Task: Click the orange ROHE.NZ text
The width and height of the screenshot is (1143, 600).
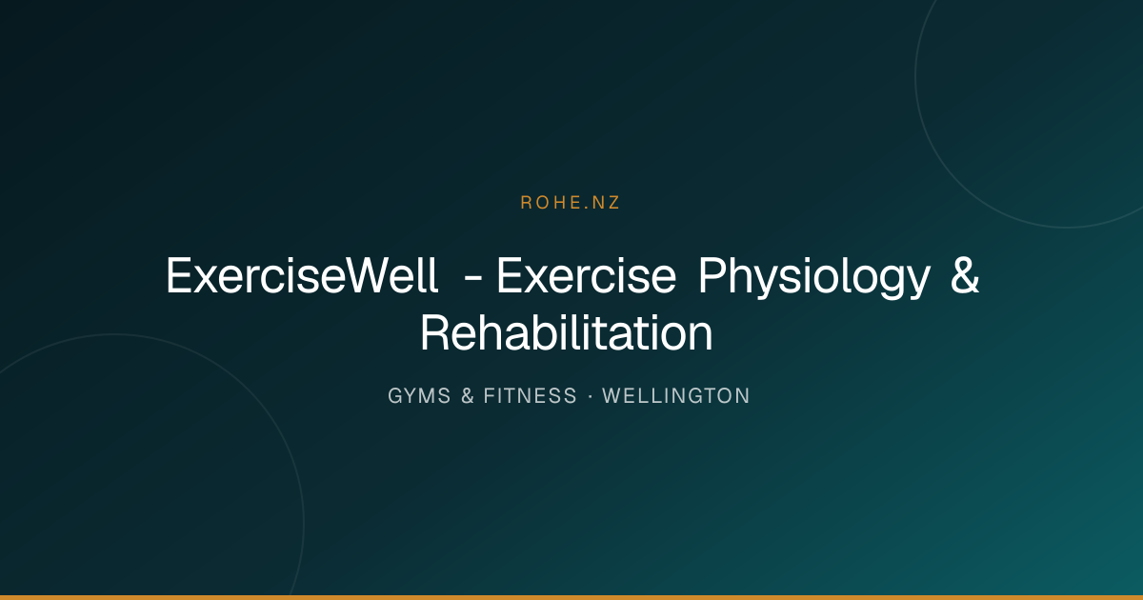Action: (570, 203)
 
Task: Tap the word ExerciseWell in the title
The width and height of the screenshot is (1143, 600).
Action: (302, 275)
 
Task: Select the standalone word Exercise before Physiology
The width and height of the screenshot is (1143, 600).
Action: (587, 275)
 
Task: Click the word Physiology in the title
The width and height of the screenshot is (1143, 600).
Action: (814, 278)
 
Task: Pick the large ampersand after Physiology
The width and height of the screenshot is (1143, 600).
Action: (965, 275)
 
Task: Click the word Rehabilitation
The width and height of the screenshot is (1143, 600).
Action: (567, 333)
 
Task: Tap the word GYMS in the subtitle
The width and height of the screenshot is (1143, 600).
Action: (419, 396)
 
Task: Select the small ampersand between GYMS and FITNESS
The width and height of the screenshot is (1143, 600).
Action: (468, 396)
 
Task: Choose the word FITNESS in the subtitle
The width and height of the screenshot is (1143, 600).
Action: (530, 396)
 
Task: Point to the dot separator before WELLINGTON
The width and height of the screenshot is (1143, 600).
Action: (590, 396)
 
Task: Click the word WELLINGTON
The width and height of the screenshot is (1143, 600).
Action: (675, 396)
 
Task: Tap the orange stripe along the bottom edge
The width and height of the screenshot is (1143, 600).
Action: (571, 597)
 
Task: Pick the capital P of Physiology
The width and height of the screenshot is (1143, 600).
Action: (712, 275)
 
